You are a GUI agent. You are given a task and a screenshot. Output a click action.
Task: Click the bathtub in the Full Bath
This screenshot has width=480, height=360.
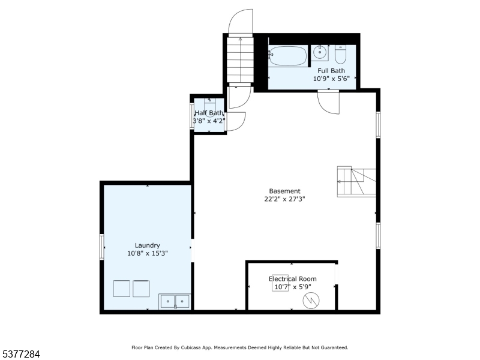coord(287,56)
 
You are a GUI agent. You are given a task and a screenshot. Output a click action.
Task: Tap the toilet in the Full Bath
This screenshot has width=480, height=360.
coord(340,54)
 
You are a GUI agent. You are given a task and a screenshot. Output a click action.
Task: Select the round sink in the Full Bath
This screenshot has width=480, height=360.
coord(320,52)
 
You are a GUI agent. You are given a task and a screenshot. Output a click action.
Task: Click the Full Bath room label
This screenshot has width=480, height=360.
coord(331,71)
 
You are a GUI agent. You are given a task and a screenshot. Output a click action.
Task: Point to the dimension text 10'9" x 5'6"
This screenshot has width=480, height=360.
coord(331,79)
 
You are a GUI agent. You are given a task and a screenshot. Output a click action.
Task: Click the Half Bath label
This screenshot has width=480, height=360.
coord(209,113)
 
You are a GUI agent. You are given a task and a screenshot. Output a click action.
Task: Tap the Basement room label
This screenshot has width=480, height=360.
coord(284,191)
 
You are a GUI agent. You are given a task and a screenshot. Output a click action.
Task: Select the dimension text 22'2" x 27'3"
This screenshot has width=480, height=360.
coord(284,199)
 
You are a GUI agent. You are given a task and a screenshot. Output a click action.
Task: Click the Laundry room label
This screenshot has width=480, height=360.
coord(148,245)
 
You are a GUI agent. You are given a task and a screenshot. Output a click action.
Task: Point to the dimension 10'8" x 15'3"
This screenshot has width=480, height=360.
coord(148,253)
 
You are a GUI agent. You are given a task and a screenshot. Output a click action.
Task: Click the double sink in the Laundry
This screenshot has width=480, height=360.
coord(175,301)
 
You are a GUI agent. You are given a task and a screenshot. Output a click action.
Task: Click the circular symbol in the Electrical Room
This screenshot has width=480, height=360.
coord(311,301)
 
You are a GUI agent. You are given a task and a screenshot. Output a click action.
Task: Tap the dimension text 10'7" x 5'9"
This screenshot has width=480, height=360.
coord(293,287)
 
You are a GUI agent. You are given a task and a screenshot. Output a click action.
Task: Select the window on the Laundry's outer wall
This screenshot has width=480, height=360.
coord(102,247)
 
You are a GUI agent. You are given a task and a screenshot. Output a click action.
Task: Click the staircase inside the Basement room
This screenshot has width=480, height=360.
coord(356,182)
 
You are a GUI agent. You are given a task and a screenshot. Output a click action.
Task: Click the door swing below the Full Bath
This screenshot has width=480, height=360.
coord(329,102)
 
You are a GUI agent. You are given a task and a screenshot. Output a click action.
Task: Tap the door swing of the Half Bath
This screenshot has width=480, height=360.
coord(236,122)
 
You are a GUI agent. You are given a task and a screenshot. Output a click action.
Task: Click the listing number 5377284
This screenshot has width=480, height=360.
coord(20,354)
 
